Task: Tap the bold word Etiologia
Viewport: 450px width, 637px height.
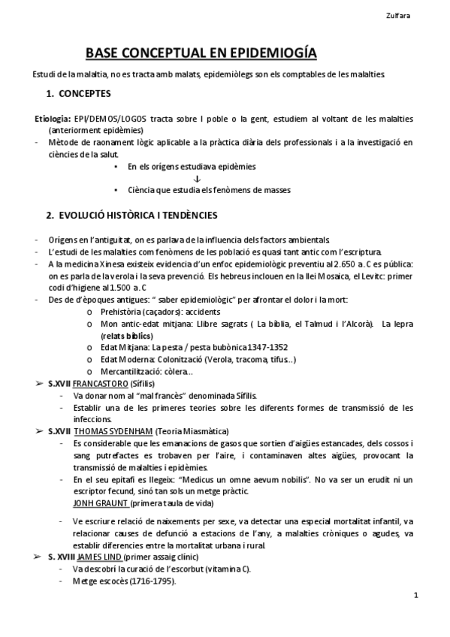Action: [x=52, y=119]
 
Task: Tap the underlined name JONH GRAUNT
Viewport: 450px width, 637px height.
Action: [x=101, y=502]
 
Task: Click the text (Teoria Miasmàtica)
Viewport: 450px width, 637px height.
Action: [x=195, y=431]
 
